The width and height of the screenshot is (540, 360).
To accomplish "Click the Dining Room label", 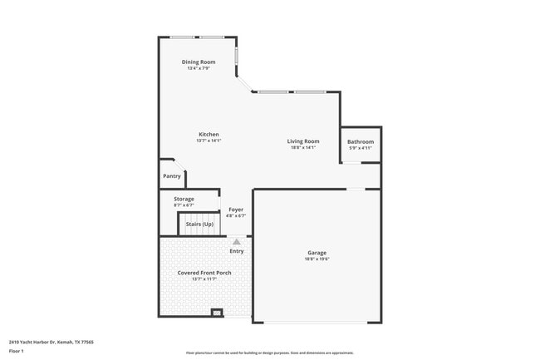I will pos(199,62).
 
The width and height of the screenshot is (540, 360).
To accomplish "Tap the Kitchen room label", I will pos(209,135).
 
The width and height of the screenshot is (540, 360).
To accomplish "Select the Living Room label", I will pos(303,141).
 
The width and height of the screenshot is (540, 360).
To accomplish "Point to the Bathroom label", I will pos(361,142).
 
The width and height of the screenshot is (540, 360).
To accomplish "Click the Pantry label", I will pos(172,176).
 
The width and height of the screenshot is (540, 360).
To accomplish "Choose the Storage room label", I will pos(184,199).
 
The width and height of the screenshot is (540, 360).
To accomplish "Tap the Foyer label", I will pos(236,210).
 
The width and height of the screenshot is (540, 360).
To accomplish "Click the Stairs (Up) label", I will pos(199,224).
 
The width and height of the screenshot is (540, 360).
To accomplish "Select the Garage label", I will pos(317,253).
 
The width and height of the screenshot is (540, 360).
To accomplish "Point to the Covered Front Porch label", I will pos(204,273).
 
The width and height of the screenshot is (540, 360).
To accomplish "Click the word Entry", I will pos(237,251).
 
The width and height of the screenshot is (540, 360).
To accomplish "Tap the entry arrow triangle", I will pos(237,241).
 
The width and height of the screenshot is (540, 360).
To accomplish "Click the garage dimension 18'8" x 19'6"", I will pos(317,259).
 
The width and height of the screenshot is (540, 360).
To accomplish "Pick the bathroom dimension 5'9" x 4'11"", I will pos(361,149).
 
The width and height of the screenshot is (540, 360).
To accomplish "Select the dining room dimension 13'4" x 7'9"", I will pos(199,68).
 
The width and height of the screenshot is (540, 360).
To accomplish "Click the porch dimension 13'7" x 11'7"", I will pos(204,279).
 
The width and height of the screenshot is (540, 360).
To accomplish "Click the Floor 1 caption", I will pos(17,351).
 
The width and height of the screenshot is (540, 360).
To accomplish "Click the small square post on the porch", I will pos(218,313).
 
